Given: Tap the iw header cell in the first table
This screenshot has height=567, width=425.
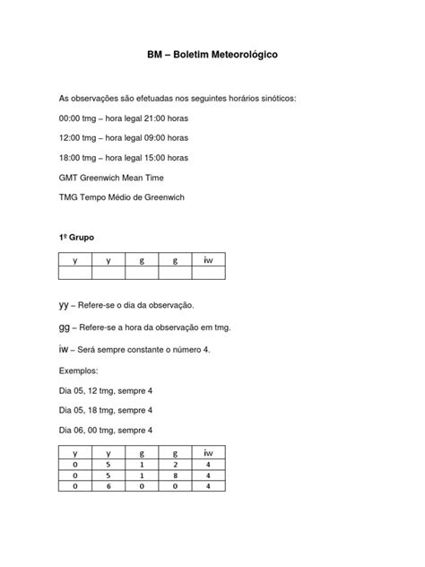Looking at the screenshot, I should (x=208, y=260).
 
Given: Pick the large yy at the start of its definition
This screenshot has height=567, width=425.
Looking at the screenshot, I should (x=65, y=305).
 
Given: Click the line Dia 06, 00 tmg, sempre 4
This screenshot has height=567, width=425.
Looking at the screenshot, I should (x=110, y=430).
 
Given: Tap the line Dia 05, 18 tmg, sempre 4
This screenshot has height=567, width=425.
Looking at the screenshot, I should (x=110, y=409).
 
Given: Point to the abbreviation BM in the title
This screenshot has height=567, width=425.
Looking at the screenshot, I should (x=154, y=56).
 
